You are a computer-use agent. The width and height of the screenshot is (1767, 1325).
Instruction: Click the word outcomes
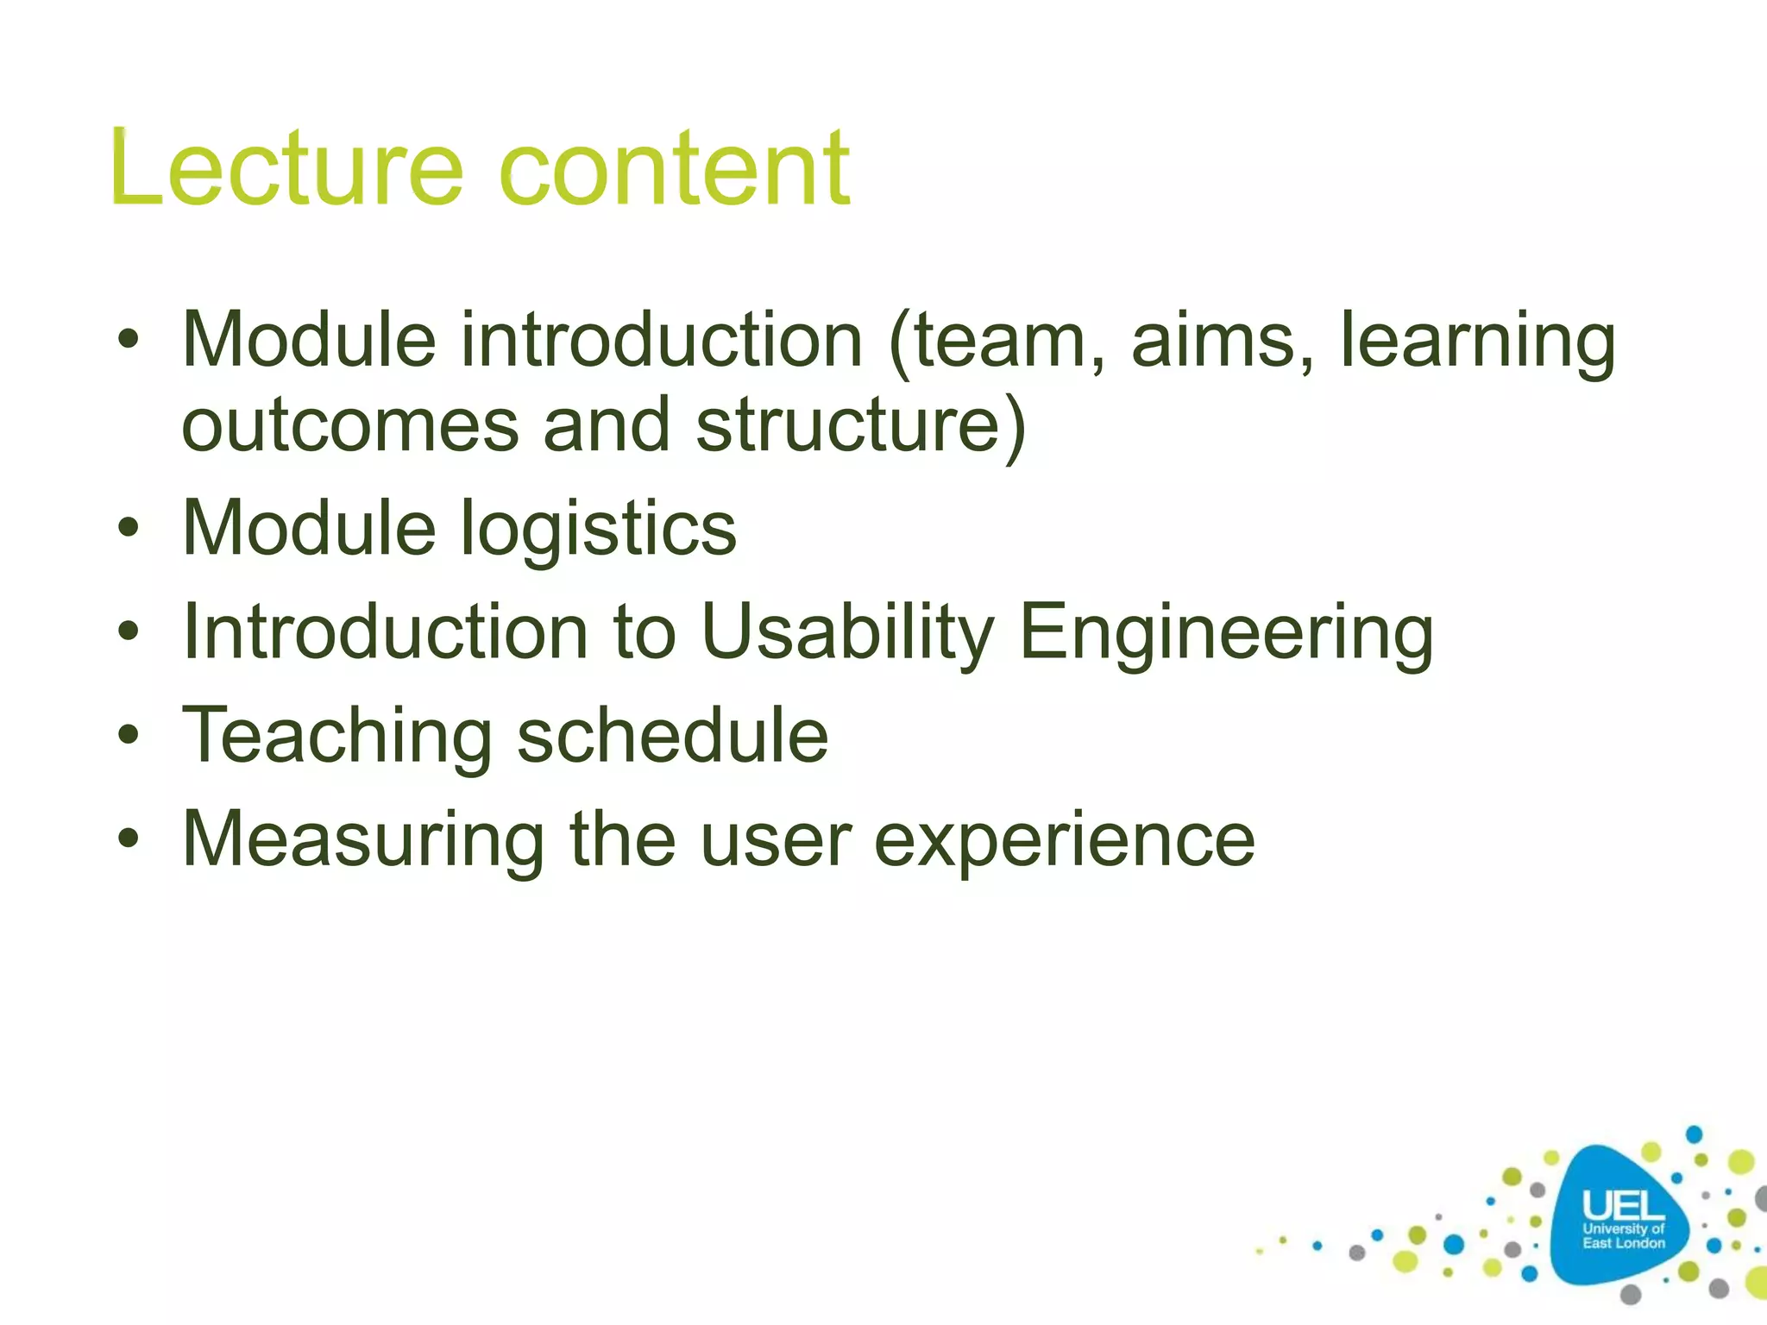pyautogui.click(x=350, y=424)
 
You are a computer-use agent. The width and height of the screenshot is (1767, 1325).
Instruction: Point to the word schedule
pyautogui.click(x=672, y=735)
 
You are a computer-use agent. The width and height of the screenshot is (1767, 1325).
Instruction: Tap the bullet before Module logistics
pyautogui.click(x=129, y=528)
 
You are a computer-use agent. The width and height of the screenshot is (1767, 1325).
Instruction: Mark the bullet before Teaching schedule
pyautogui.click(x=129, y=735)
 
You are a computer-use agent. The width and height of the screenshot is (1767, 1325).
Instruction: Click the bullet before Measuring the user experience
pyautogui.click(x=129, y=838)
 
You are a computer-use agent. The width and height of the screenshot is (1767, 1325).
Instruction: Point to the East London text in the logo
pyautogui.click(x=1624, y=1243)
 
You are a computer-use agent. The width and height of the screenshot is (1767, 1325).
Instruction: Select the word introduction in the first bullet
pyautogui.click(x=661, y=341)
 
